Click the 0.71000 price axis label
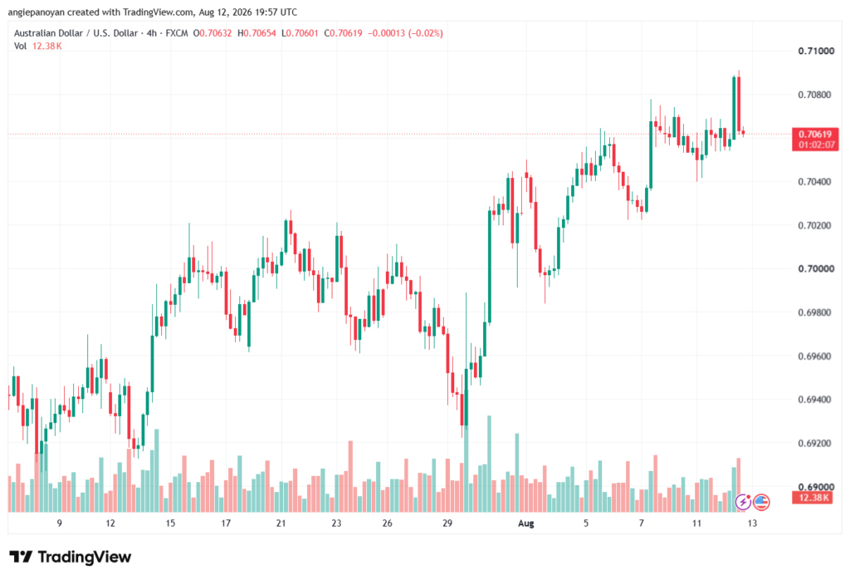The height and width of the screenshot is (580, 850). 816,51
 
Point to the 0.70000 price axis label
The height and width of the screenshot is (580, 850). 816,268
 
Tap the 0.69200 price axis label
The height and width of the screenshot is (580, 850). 816,443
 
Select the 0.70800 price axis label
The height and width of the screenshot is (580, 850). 816,95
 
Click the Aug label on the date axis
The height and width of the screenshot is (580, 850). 525,523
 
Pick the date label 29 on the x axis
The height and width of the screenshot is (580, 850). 447,523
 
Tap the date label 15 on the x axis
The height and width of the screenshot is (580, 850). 170,523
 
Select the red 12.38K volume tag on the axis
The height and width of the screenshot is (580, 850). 812,498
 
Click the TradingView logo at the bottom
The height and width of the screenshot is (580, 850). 70,557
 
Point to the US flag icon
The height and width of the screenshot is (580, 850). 761,503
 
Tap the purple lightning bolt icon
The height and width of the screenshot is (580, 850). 743,503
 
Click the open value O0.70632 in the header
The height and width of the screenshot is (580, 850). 212,33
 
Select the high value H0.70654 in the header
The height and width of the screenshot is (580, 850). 256,33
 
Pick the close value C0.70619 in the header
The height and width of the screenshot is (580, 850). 343,33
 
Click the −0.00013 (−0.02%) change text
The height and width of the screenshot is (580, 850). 405,33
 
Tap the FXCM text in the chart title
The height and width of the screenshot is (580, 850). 177,33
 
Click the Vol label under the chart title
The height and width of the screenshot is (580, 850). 20,47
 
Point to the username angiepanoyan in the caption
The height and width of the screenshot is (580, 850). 36,12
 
